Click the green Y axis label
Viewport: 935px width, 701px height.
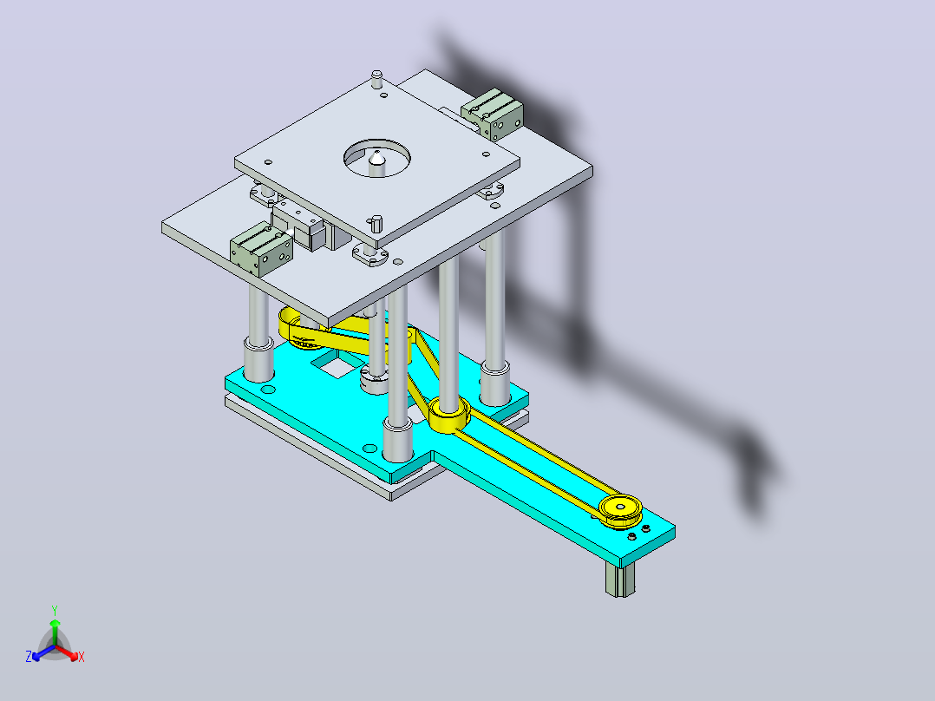coord(55,610)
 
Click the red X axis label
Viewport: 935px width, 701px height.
coord(82,657)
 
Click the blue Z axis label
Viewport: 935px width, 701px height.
coord(29,656)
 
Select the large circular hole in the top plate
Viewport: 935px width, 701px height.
coord(376,158)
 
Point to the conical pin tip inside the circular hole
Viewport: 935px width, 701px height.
coord(376,158)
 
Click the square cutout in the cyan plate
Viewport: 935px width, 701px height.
coord(337,364)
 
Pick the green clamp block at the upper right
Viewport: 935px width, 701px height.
coord(493,115)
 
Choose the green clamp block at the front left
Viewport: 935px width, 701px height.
coord(261,249)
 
